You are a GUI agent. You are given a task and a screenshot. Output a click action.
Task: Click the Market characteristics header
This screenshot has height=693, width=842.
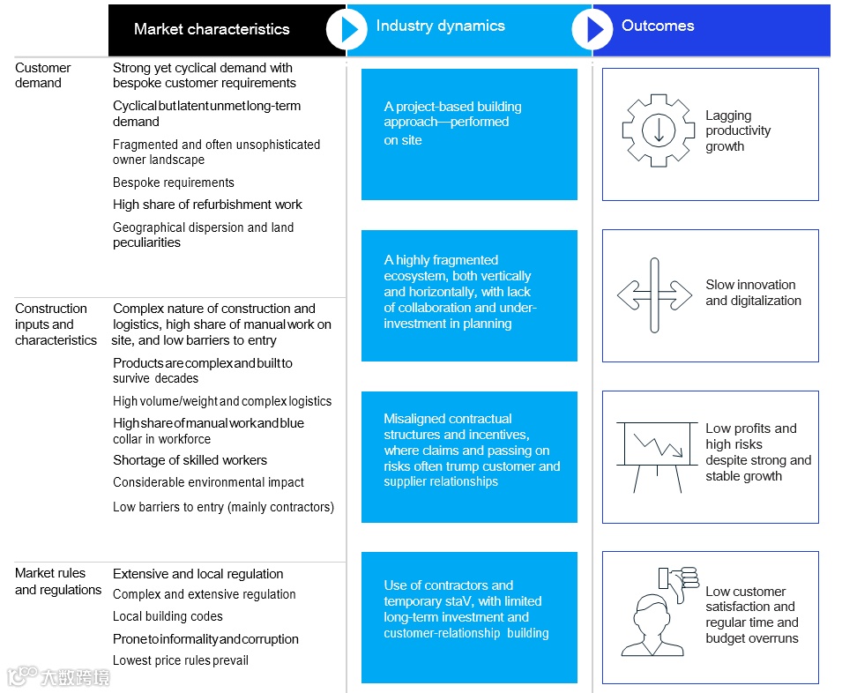[212, 29]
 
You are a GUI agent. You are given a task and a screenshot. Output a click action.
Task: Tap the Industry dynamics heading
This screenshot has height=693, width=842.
[440, 26]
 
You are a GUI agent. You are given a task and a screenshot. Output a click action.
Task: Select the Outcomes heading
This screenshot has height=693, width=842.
[658, 26]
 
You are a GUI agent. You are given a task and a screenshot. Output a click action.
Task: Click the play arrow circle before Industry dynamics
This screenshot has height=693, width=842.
[346, 29]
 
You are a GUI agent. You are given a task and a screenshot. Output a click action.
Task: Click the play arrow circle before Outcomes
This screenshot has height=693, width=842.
[592, 29]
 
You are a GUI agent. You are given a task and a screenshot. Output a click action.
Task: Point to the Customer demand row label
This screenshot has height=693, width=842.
[42, 75]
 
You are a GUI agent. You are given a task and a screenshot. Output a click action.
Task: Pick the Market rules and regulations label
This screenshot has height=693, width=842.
[58, 581]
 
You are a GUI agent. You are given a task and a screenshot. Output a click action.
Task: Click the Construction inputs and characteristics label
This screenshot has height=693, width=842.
[56, 324]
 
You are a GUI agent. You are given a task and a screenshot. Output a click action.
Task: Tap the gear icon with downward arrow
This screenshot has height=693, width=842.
[658, 130]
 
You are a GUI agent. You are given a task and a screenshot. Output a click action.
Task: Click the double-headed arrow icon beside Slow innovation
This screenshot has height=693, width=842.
[654, 294]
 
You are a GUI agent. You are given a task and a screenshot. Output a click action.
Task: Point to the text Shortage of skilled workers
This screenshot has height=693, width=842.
[190, 460]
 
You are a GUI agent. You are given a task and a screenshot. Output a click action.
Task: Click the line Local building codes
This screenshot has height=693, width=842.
[168, 616]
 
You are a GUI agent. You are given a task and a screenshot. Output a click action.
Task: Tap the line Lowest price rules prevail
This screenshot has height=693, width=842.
[181, 660]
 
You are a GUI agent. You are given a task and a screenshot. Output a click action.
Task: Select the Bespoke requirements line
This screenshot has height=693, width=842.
[174, 183]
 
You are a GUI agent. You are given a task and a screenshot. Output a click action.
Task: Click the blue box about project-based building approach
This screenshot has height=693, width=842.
[469, 134]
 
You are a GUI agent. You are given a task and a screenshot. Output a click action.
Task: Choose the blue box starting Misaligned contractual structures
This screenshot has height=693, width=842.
[469, 457]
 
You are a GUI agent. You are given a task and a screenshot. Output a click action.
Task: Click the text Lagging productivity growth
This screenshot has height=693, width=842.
[738, 130]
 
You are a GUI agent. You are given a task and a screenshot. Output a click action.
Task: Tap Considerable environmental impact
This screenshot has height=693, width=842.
[208, 482]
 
